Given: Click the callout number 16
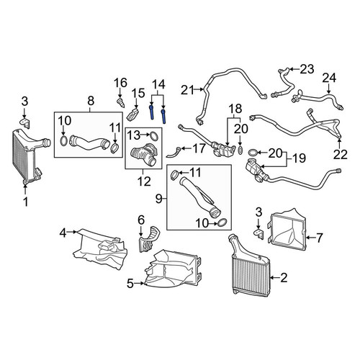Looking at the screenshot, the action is [120, 83].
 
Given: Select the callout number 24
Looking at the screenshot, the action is [329, 78].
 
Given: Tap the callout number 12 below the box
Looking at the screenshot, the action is [144, 181].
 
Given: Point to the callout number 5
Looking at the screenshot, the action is [130, 284].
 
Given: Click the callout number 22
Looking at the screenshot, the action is [341, 154].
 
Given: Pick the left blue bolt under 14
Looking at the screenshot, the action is [152, 112].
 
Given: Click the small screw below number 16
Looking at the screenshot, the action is [121, 102].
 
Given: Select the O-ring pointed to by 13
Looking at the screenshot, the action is [154, 136].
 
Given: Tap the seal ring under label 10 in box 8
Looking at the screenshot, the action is [63, 140].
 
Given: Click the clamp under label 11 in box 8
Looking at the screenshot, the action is [114, 148].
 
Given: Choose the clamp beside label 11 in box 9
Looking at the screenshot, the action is [175, 174].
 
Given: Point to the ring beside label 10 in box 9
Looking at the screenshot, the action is [222, 222].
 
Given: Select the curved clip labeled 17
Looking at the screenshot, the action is [174, 153].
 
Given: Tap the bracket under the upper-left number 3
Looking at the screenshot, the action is [24, 122].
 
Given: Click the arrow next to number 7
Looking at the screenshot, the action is [311, 238].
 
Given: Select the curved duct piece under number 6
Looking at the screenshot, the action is [148, 239].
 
